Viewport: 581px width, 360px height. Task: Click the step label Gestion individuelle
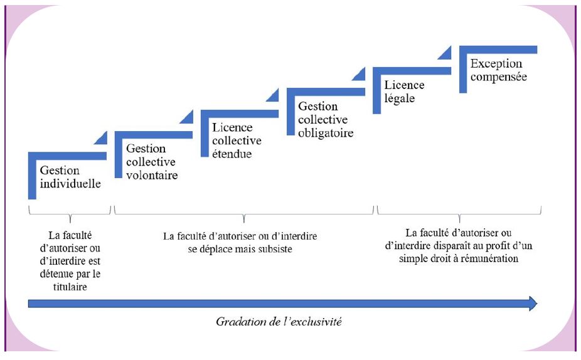pyautogui.click(x=70, y=177)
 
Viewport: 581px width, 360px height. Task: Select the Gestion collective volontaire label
pyautogui.click(x=152, y=161)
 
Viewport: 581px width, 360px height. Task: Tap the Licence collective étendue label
pyautogui.click(x=237, y=140)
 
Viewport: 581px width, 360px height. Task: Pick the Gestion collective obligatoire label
pyautogui.click(x=326, y=119)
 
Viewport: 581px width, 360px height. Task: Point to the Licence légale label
pyautogui.click(x=404, y=92)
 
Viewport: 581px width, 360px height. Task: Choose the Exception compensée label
pyautogui.click(x=499, y=70)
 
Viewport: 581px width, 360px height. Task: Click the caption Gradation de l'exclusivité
pyautogui.click(x=279, y=321)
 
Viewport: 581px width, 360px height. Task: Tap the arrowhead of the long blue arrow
pyautogui.click(x=533, y=304)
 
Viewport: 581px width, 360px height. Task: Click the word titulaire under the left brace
pyautogui.click(x=70, y=287)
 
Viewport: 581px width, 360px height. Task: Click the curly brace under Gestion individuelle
pyautogui.click(x=70, y=214)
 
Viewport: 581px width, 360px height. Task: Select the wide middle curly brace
pyautogui.click(x=244, y=214)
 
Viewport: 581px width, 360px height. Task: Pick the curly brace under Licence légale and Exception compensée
pyautogui.click(x=459, y=214)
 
